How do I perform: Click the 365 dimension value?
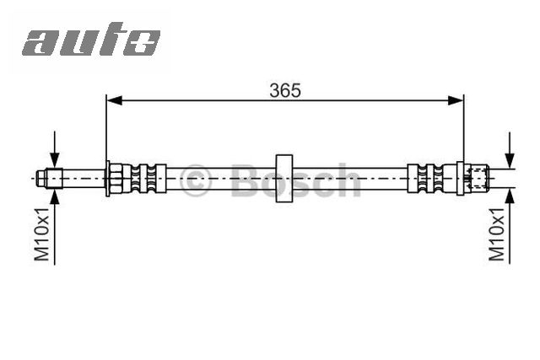tap(285, 89)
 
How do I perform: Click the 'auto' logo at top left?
tap(90, 40)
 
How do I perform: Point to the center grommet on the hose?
tap(284, 178)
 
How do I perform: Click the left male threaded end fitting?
tap(50, 178)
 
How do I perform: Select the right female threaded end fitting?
tap(477, 178)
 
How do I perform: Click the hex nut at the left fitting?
tap(116, 178)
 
